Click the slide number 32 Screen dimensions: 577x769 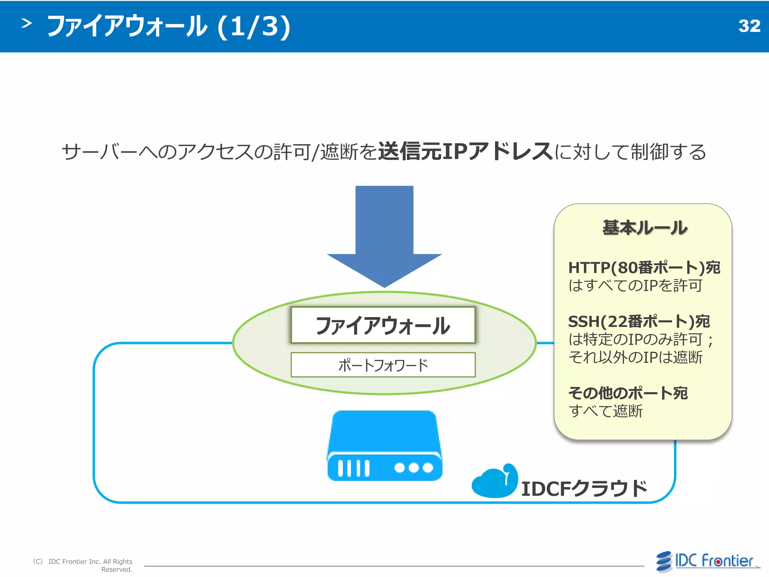tap(749, 26)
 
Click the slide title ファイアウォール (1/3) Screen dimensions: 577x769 tap(169, 26)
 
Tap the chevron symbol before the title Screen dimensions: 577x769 tap(26, 24)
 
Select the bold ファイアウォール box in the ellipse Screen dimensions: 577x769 tap(383, 325)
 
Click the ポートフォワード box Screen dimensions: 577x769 tap(383, 365)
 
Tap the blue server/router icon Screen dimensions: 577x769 tap(384, 446)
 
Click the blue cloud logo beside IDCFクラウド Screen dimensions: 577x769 tap(494, 482)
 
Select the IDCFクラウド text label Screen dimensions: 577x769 tap(584, 489)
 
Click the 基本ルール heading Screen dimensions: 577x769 tap(644, 228)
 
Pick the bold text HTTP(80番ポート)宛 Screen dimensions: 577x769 tap(644, 268)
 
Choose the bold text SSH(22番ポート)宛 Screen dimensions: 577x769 tap(639, 322)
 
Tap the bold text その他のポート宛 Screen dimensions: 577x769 tap(628, 393)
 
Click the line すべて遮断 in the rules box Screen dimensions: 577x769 tap(606, 411)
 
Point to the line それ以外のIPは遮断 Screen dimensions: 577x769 tap(635, 357)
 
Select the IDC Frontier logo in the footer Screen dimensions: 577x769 tap(707, 561)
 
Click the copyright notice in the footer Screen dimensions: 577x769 tap(83, 565)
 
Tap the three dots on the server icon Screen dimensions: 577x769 tap(413, 468)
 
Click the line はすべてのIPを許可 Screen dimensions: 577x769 tap(635, 285)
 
